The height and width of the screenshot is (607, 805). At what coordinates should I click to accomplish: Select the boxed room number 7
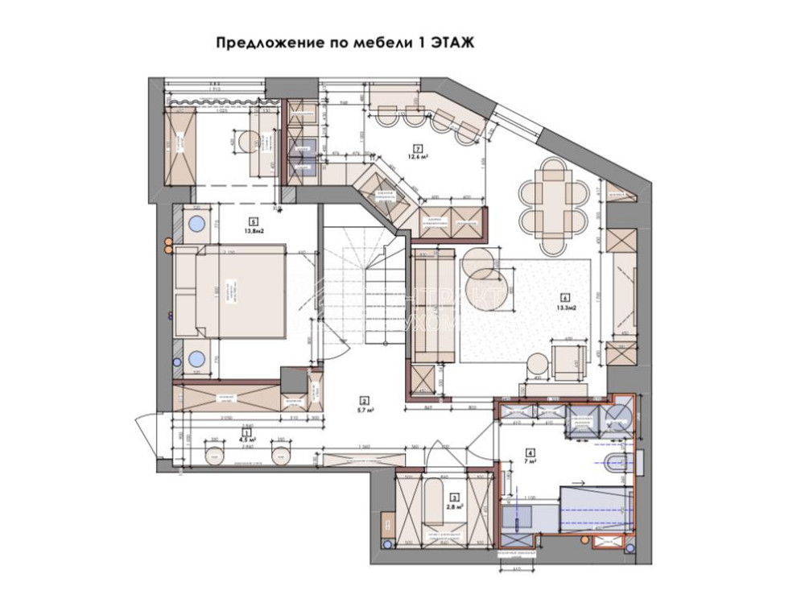pos(417,147)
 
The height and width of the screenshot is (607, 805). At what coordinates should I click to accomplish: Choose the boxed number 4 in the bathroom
pos(530,452)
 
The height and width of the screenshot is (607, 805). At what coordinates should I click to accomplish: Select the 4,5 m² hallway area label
pos(246,440)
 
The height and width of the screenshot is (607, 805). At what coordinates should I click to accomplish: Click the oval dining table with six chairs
pos(553,196)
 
